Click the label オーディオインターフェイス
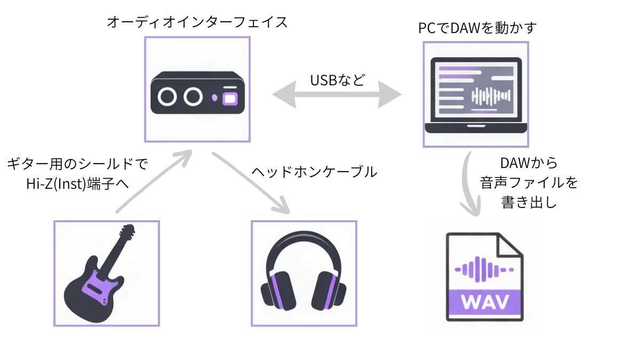[197, 22]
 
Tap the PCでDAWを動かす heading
[477, 28]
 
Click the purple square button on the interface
[231, 98]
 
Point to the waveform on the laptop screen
[491, 97]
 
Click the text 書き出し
[529, 202]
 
